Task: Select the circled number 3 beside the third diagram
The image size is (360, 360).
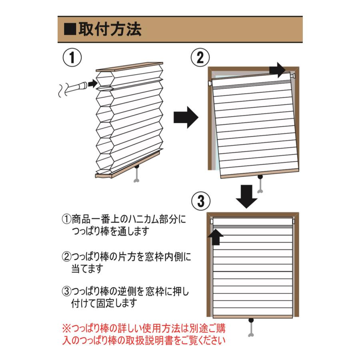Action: click(200, 200)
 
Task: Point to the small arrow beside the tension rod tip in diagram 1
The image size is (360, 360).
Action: click(92, 84)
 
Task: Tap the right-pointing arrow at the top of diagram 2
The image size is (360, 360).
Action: click(277, 70)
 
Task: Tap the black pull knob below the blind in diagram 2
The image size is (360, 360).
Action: click(261, 177)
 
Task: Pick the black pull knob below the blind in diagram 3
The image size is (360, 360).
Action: click(252, 321)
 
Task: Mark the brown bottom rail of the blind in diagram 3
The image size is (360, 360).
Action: click(252, 316)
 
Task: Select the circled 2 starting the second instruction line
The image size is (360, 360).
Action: click(66, 256)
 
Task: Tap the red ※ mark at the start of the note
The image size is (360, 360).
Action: click(66, 329)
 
